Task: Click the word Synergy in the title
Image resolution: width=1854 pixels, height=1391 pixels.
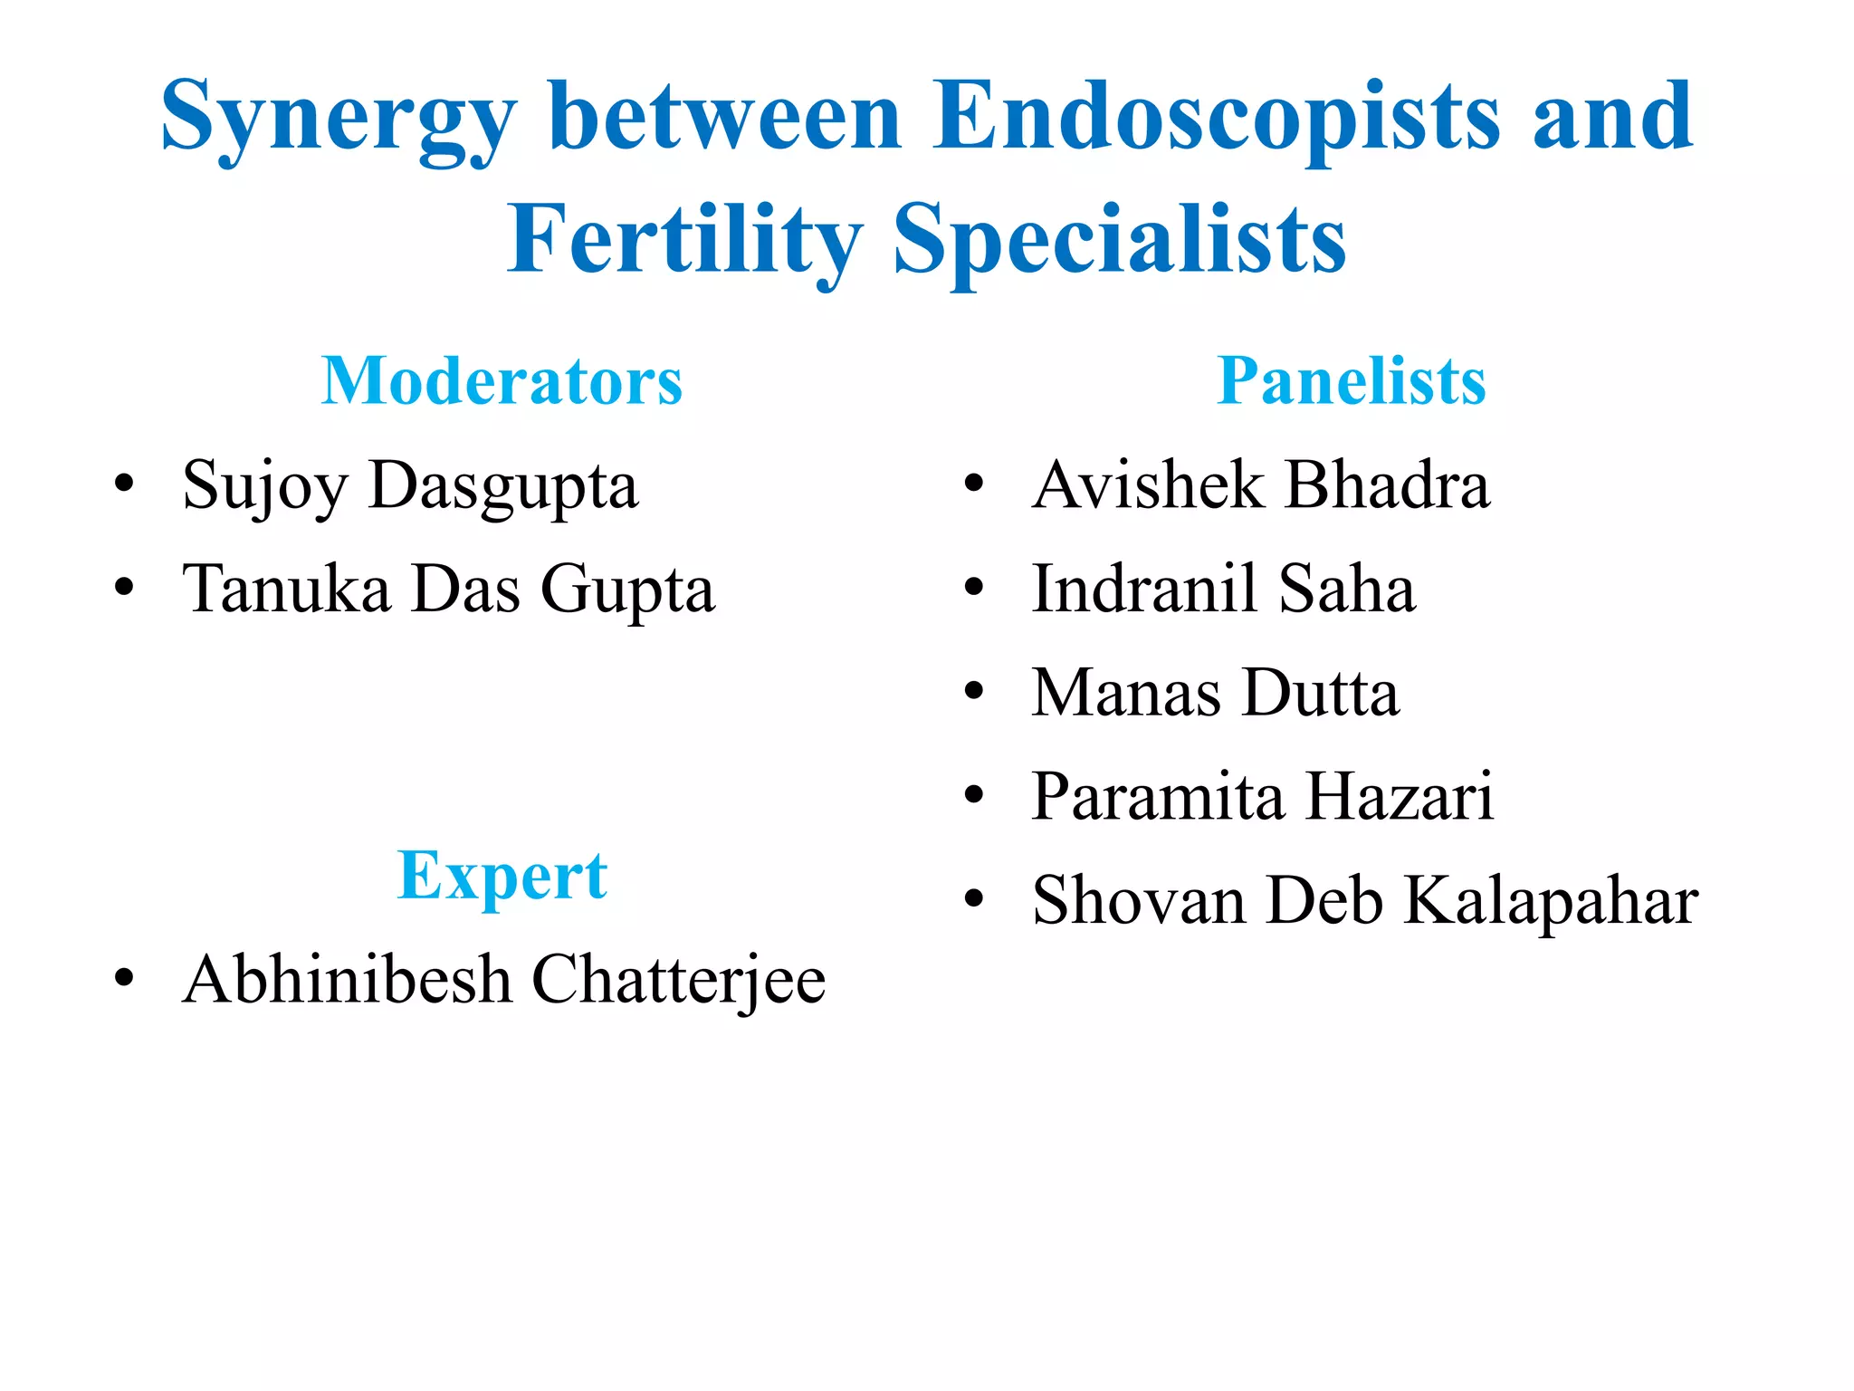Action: pyautogui.click(x=339, y=118)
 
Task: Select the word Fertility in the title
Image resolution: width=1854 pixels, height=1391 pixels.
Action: pyautogui.click(x=684, y=240)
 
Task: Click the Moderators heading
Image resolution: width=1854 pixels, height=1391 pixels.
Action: pyautogui.click(x=502, y=381)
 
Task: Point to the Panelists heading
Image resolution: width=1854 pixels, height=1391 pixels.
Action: pyautogui.click(x=1352, y=381)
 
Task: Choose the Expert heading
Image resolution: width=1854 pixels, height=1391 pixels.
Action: pyautogui.click(x=502, y=876)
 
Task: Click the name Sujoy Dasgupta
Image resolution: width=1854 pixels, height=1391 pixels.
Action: pyautogui.click(x=410, y=486)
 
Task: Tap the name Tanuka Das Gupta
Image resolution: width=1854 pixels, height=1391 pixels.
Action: pyautogui.click(x=448, y=590)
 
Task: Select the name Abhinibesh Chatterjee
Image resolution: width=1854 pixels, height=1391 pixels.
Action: pyautogui.click(x=503, y=980)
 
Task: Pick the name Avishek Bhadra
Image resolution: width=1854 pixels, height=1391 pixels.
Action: pyautogui.click(x=1260, y=485)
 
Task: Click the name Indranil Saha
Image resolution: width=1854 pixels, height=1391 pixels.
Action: pyautogui.click(x=1223, y=590)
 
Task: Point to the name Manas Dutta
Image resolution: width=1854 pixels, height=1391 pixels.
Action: pyautogui.click(x=1215, y=693)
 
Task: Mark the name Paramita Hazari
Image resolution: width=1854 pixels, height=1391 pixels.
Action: pyautogui.click(x=1262, y=797)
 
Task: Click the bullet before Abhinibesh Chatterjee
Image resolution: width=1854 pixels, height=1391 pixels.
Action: pyautogui.click(x=124, y=979)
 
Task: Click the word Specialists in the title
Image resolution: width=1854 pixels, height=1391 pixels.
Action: pyautogui.click(x=1120, y=240)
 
